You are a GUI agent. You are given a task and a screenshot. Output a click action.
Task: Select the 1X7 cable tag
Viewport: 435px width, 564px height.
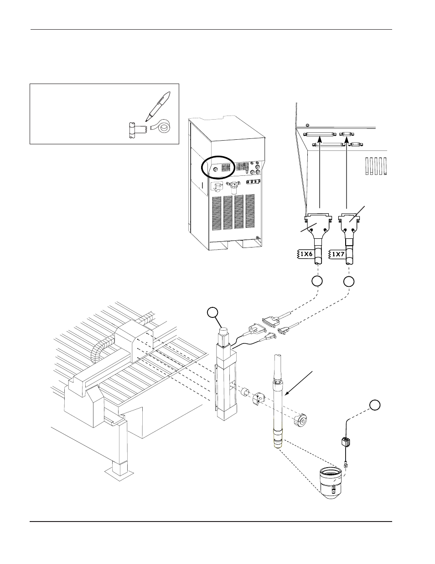(337, 254)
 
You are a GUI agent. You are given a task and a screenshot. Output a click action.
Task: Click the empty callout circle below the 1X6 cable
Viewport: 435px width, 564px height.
(317, 281)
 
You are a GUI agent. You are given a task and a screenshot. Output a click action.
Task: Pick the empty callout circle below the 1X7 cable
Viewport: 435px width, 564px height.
(349, 281)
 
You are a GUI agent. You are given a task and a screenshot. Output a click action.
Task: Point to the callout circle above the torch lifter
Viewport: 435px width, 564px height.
(212, 313)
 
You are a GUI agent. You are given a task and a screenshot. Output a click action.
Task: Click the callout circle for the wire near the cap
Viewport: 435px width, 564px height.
(375, 405)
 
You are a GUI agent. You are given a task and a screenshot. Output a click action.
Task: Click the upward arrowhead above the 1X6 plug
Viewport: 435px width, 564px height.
(320, 140)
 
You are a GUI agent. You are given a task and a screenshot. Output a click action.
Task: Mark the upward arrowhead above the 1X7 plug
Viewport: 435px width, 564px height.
(347, 140)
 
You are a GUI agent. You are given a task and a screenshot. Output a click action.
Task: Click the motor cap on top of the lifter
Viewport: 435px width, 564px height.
(224, 332)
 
